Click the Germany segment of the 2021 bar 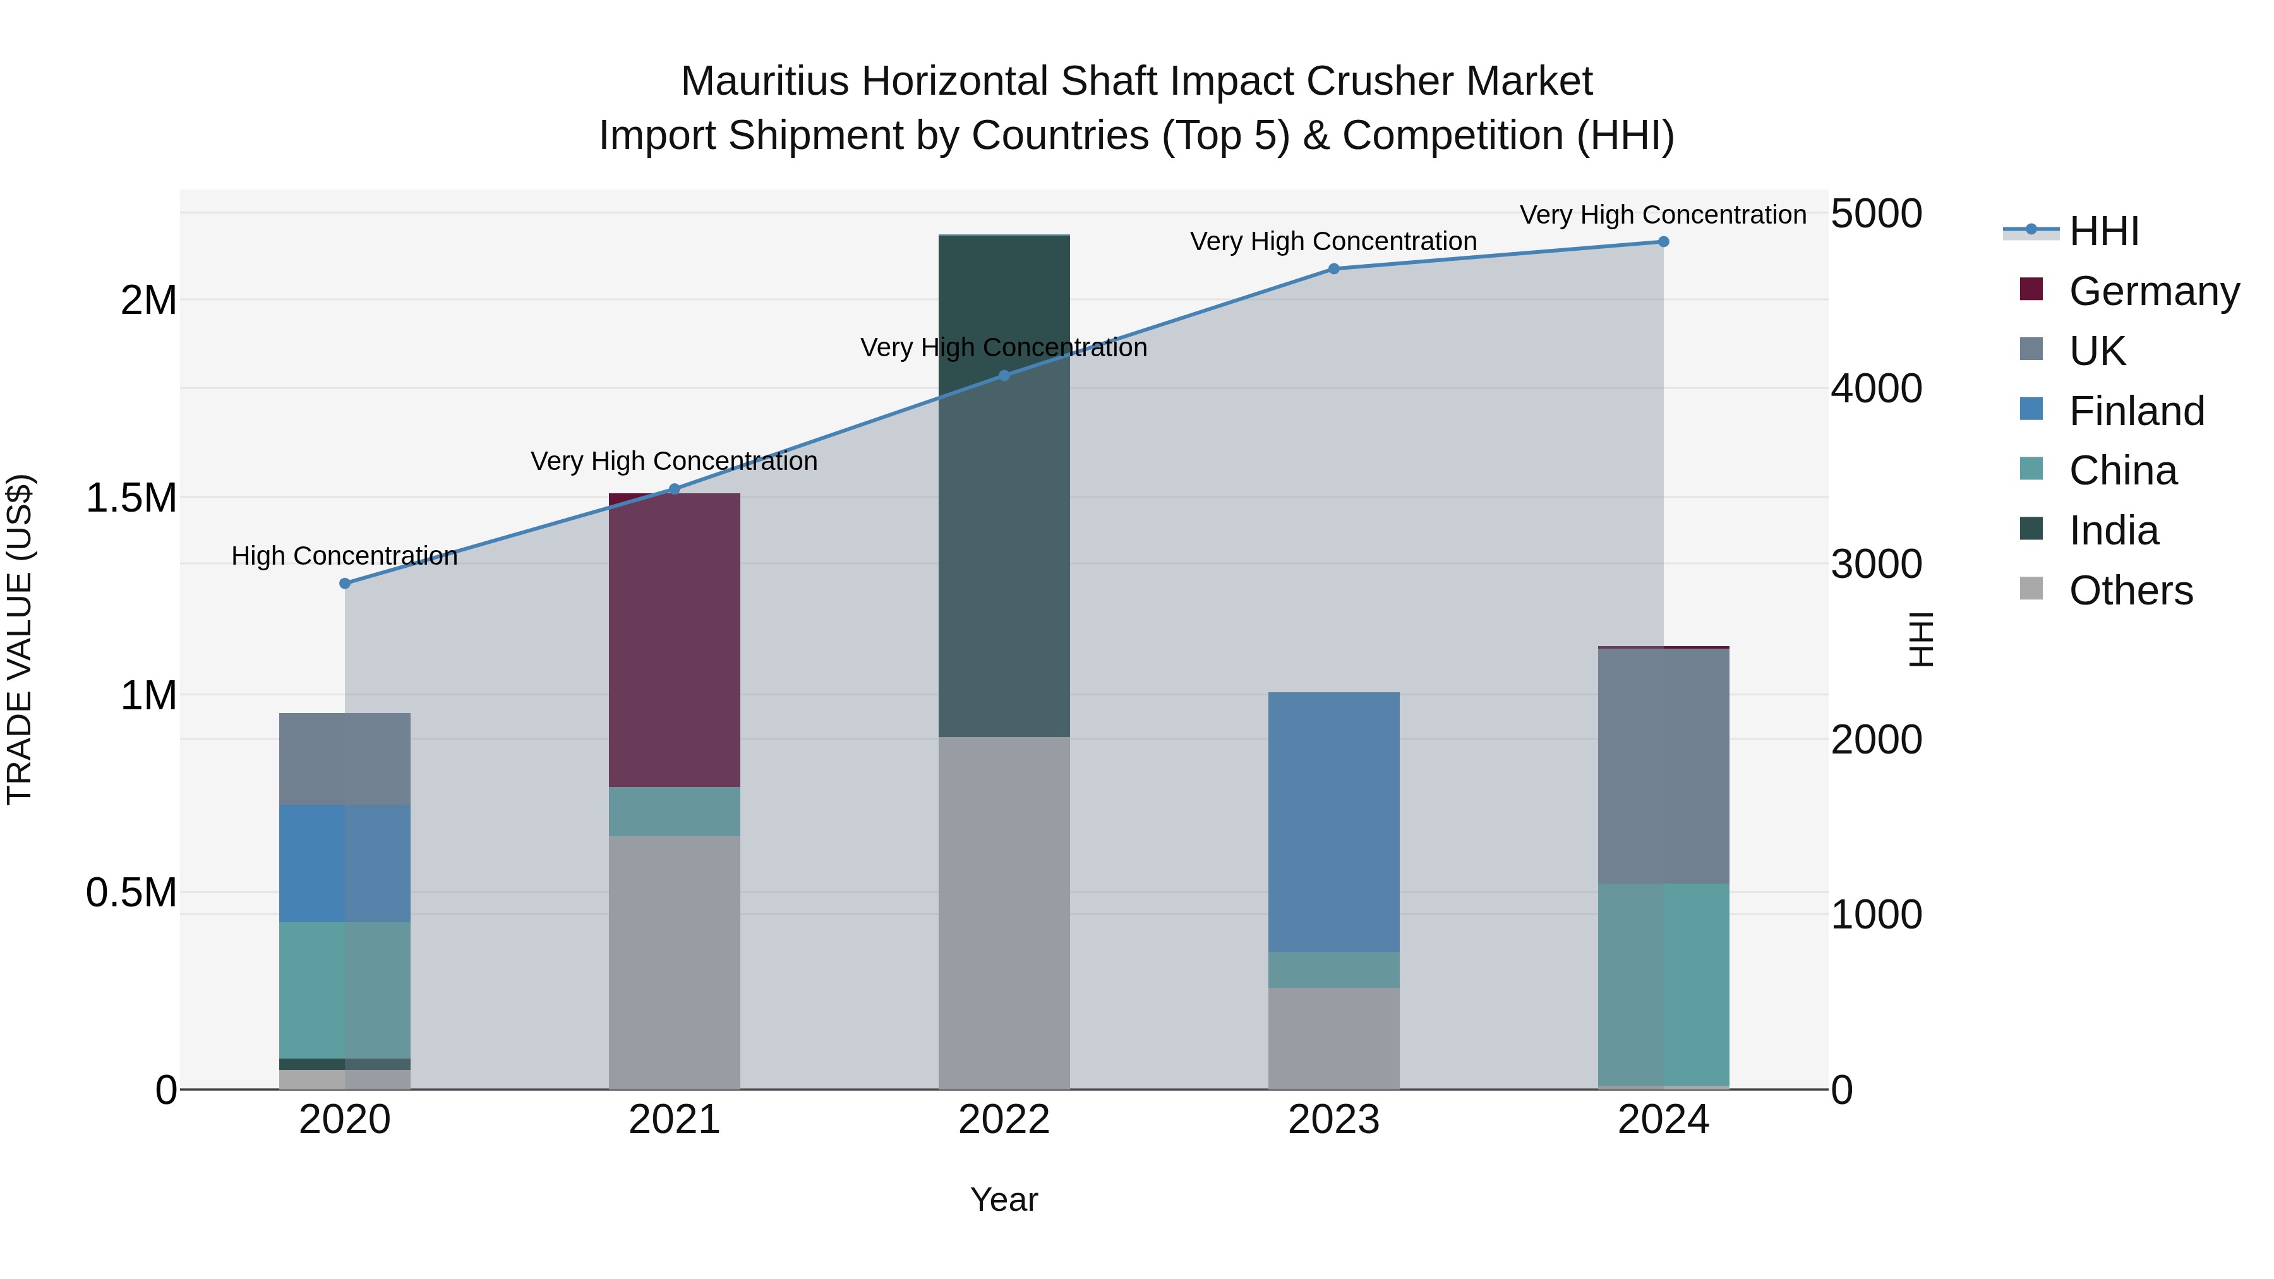click(x=675, y=640)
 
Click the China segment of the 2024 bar click(x=1663, y=984)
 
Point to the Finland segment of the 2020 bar click(x=344, y=863)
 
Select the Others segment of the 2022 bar click(x=1004, y=913)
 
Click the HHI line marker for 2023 click(x=1334, y=268)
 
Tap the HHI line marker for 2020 click(x=345, y=584)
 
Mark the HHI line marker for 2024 click(x=1663, y=242)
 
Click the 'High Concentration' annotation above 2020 click(x=344, y=556)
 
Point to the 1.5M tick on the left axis click(x=131, y=498)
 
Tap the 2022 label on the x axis click(x=1004, y=1120)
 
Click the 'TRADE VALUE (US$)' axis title click(x=20, y=639)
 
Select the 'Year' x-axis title click(x=1004, y=1199)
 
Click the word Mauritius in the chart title click(x=764, y=81)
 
